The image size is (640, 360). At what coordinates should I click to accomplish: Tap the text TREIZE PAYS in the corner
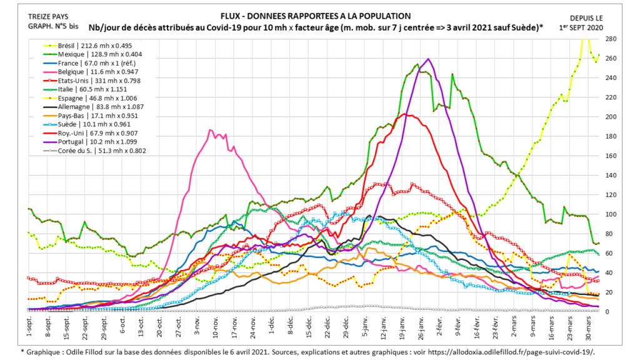[49, 16]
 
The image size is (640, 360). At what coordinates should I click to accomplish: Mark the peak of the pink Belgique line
[211, 130]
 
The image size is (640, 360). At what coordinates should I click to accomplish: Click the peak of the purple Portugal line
[428, 59]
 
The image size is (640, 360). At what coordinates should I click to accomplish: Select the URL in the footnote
[512, 352]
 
